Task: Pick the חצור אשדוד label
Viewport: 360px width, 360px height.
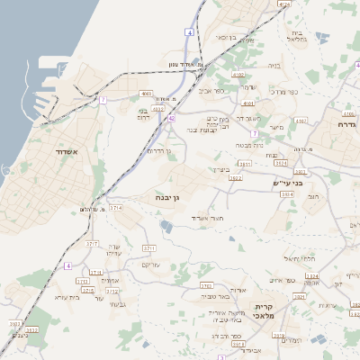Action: [x=205, y=218]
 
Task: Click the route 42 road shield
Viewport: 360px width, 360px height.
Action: [x=170, y=117]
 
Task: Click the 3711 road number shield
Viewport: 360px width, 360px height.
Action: [x=149, y=247]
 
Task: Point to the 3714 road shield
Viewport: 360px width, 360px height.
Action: [x=117, y=208]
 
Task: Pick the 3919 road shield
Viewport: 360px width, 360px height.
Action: [x=292, y=339]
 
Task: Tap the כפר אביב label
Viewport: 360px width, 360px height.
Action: [x=224, y=90]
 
